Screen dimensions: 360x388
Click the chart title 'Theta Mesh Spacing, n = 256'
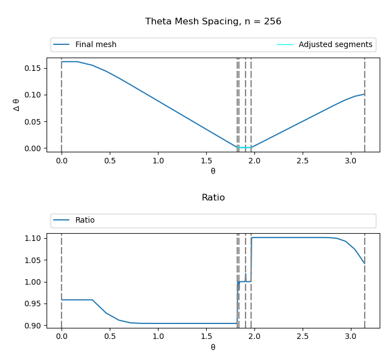pyautogui.click(x=213, y=22)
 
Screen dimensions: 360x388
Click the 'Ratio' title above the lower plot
pyautogui.click(x=213, y=198)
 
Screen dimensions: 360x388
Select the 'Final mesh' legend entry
pyautogui.click(x=95, y=45)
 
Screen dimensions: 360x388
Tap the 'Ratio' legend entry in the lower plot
pyautogui.click(x=85, y=220)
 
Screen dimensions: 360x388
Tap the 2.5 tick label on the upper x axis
pyautogui.click(x=302, y=161)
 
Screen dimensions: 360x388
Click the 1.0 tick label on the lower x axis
pyautogui.click(x=158, y=337)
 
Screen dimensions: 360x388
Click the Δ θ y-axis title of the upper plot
pyautogui.click(x=17, y=105)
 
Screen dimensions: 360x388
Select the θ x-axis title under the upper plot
pyautogui.click(x=213, y=171)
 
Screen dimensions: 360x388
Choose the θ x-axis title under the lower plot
pyautogui.click(x=213, y=347)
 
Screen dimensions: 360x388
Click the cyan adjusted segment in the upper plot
pyautogui.click(x=244, y=147)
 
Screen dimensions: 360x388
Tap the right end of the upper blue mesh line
pyautogui.click(x=364, y=94)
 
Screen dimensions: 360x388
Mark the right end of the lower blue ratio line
pyautogui.click(x=364, y=263)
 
